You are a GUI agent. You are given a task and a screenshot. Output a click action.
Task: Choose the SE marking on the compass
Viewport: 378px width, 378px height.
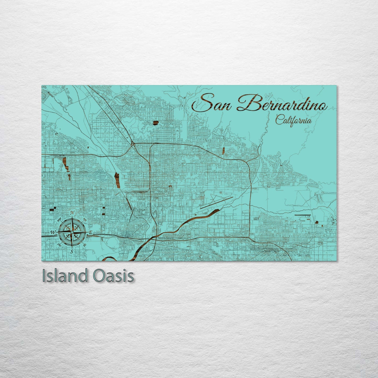tap(84, 245)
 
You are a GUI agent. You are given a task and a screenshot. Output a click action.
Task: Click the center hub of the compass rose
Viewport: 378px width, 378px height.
tap(72, 232)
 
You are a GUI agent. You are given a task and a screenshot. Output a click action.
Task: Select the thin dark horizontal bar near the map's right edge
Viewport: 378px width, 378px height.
tap(302, 215)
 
